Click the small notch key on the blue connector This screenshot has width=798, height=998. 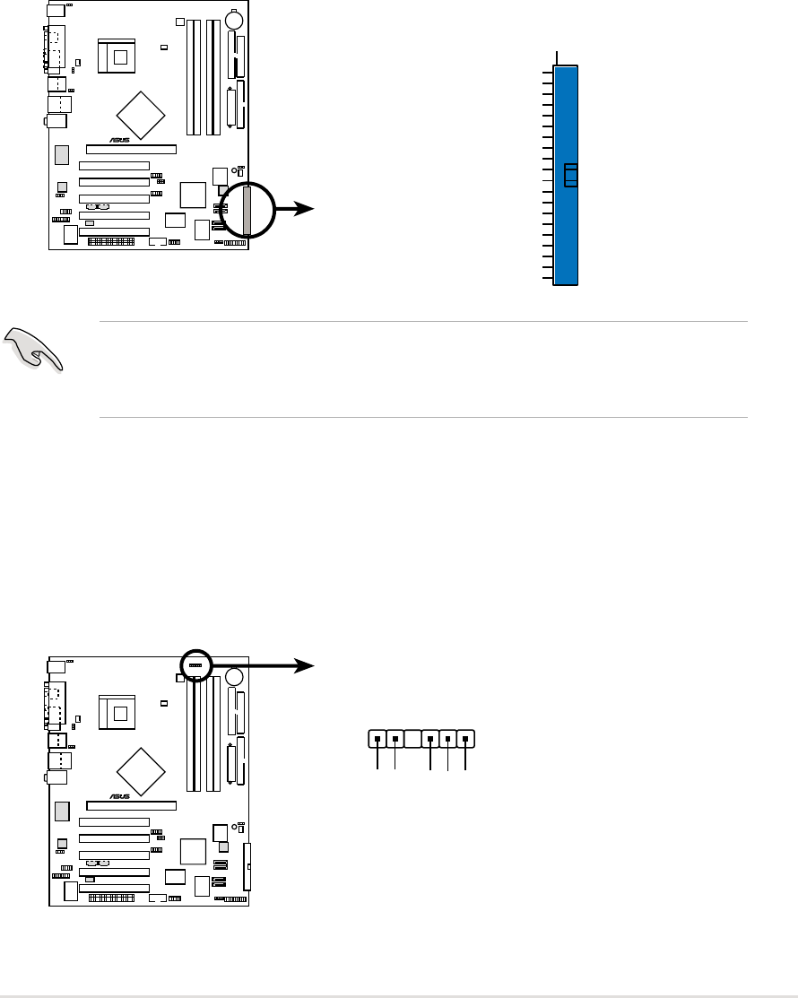coord(569,176)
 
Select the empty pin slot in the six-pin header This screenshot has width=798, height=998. coord(412,740)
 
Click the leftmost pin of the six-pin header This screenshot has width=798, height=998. coord(377,740)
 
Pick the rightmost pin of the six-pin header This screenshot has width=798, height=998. coord(464,740)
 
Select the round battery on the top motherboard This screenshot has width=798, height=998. coord(236,19)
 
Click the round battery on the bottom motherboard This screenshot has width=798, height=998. coord(236,677)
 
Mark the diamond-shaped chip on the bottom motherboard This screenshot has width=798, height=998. coord(141,769)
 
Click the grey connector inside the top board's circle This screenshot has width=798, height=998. coord(247,208)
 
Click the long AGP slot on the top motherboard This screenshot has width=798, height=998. coord(131,149)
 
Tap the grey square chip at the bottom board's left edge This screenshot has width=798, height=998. coord(62,811)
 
